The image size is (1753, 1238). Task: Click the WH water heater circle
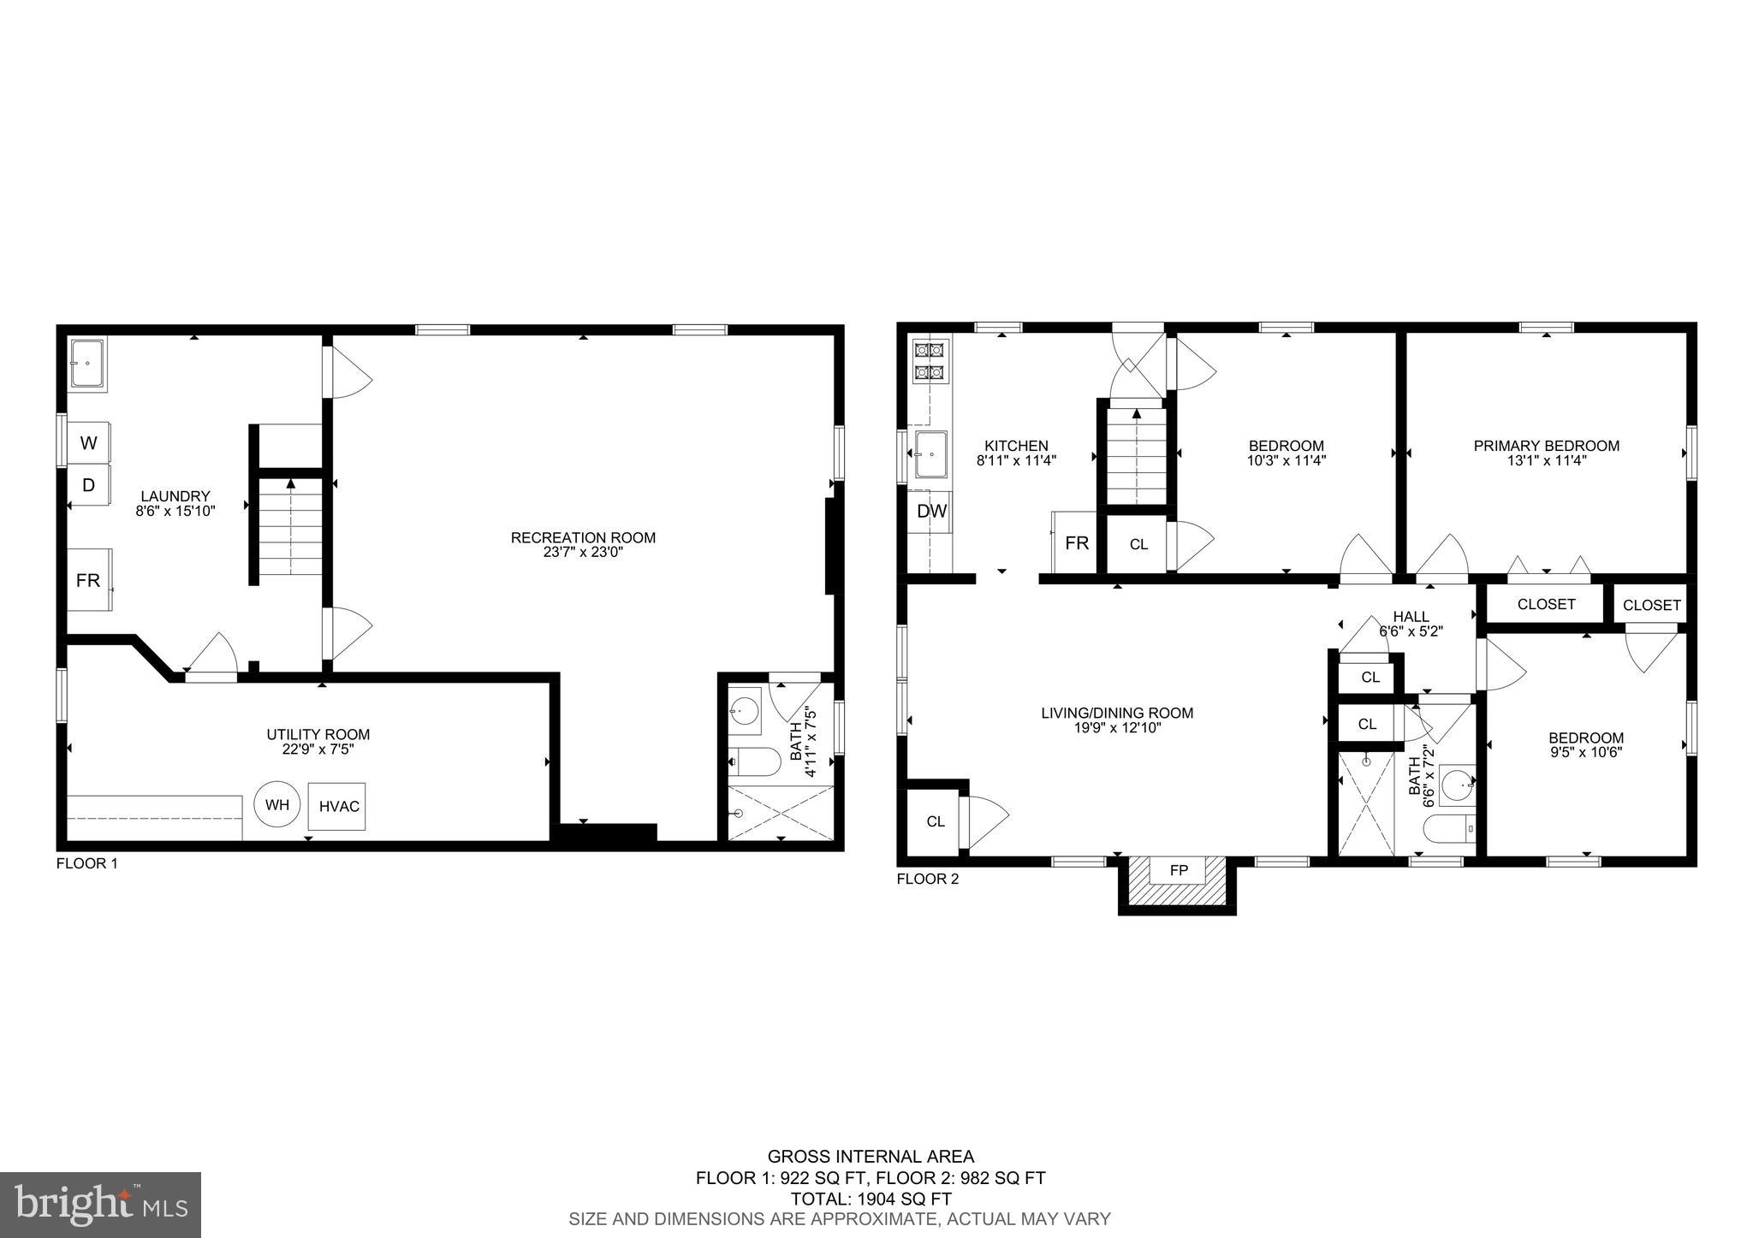tap(277, 804)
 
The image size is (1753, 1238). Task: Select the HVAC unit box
tap(338, 806)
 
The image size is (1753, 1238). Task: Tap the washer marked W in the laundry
tap(89, 443)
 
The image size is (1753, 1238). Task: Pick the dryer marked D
tap(89, 485)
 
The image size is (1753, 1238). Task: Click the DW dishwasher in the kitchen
tap(931, 512)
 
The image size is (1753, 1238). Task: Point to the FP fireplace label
tap(1179, 871)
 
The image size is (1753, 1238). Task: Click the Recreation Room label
tap(583, 538)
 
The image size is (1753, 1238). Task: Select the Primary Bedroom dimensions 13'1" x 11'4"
tap(1546, 460)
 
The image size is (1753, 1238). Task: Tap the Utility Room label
tap(318, 734)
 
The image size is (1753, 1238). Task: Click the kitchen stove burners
tap(930, 360)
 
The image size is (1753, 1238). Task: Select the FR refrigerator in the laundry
tap(89, 580)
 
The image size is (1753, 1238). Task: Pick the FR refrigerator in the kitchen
tap(1075, 543)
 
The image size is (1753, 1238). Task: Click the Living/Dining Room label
tap(1116, 713)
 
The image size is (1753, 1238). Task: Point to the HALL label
tap(1411, 616)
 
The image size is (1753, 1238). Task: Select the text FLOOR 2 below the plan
tap(927, 879)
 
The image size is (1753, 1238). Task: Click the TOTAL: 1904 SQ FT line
tap(871, 1199)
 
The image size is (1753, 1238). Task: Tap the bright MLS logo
tap(100, 1205)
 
